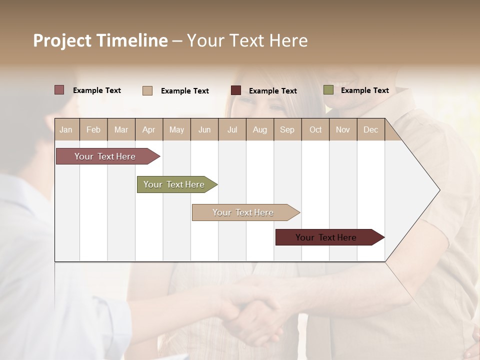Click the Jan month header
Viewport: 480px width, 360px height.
tap(66, 129)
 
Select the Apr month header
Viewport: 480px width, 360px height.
tap(148, 129)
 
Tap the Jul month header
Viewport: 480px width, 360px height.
tap(232, 129)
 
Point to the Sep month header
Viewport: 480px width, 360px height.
tap(287, 129)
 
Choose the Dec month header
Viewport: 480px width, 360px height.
tap(370, 129)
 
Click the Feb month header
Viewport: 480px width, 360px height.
tap(93, 129)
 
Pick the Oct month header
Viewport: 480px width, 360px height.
tap(315, 129)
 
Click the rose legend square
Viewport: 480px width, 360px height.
tap(59, 90)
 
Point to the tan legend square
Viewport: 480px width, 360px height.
tap(147, 90)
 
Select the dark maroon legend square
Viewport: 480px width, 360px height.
tap(236, 90)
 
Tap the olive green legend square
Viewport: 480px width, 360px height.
tap(328, 90)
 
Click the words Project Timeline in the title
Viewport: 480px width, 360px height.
tap(100, 40)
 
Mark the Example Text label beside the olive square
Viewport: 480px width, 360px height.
tap(364, 90)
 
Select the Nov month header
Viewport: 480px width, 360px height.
tap(342, 129)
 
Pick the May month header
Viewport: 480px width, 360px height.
tap(176, 129)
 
